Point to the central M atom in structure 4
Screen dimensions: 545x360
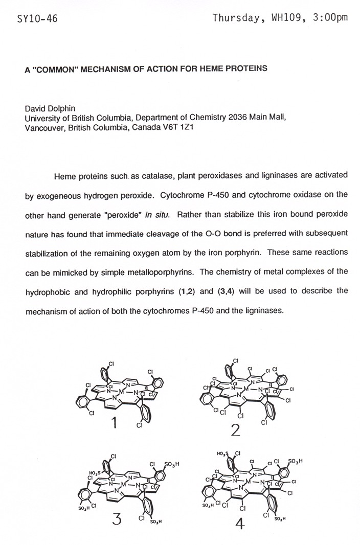coord(249,481)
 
